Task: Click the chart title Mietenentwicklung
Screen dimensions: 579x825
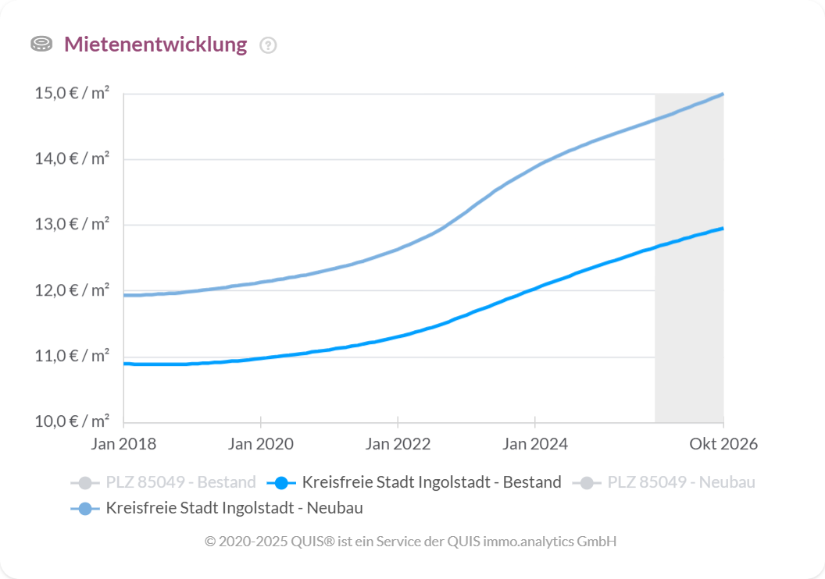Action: [155, 44]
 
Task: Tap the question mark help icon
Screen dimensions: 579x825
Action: [268, 45]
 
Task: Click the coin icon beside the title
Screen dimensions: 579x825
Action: [41, 44]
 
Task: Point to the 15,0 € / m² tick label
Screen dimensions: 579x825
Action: [72, 94]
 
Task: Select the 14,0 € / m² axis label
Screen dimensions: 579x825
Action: [72, 159]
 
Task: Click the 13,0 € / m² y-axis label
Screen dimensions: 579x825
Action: [72, 225]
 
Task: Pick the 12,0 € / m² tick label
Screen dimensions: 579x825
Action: [72, 290]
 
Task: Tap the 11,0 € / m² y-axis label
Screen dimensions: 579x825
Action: [72, 357]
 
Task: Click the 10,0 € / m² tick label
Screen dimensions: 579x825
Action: [72, 422]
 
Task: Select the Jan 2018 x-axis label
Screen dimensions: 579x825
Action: [123, 444]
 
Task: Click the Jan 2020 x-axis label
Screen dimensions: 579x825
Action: [261, 444]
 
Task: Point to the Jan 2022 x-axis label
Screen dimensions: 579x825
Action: [398, 444]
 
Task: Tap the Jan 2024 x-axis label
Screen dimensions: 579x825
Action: [535, 444]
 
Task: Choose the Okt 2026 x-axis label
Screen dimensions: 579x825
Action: [723, 444]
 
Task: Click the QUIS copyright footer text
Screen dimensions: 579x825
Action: [411, 541]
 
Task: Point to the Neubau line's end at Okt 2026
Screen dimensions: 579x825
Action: [723, 94]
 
